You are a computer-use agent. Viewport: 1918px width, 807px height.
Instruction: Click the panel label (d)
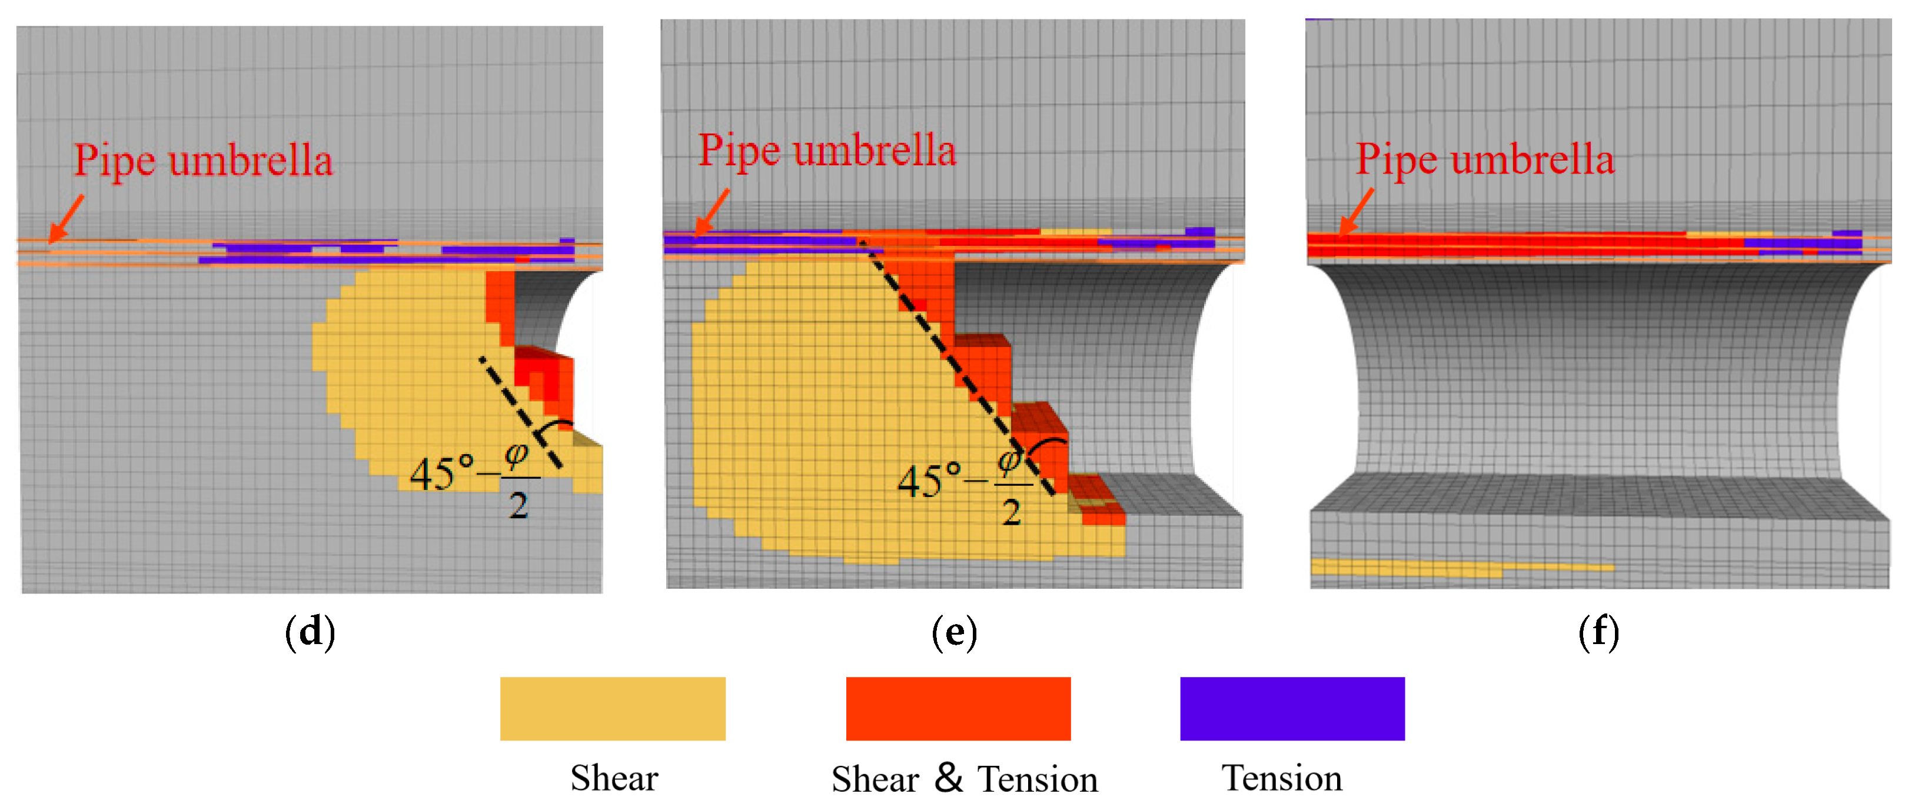(310, 633)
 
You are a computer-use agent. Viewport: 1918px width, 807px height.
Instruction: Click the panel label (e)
(954, 633)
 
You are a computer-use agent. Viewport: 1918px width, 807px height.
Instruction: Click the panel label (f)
(1598, 633)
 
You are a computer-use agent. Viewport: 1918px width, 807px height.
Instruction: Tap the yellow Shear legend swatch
(612, 708)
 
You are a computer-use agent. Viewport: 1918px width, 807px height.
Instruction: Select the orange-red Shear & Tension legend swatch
(958, 708)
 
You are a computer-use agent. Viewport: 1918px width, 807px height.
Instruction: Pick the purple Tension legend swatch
(1292, 708)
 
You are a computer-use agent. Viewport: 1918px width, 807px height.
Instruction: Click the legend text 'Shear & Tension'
(964, 779)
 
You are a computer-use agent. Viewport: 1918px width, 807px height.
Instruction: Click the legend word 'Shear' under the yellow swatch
(614, 778)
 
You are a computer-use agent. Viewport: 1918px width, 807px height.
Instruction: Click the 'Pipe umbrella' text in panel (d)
(202, 161)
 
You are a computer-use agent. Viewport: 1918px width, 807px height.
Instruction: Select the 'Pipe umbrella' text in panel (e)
(826, 151)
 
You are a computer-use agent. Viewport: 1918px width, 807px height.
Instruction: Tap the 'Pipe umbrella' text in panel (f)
(1485, 160)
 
